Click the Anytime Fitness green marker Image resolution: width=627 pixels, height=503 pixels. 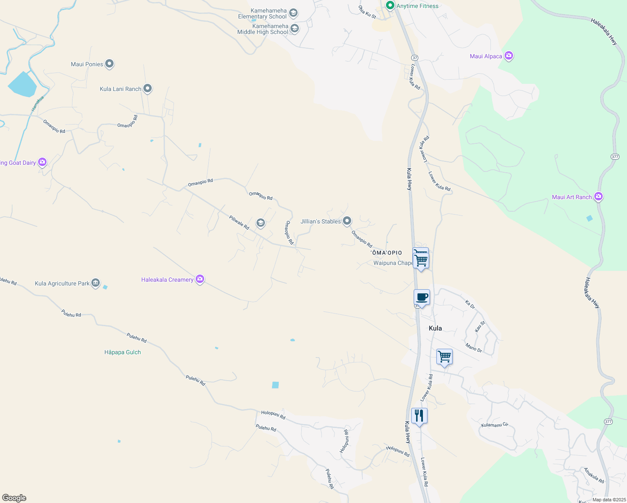coord(390,5)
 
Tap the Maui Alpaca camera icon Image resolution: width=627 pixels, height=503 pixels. coord(509,56)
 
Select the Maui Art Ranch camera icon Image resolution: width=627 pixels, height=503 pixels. coord(598,196)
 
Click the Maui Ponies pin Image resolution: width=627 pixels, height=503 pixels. coord(109,64)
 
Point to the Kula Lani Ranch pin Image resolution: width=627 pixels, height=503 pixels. coord(148,88)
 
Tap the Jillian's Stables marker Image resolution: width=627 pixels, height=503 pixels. coord(347,220)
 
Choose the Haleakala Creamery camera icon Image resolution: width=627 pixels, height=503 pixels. coord(200,279)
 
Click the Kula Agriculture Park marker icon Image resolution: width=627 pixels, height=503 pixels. coord(96,283)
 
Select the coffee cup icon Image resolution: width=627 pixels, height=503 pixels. coord(422,298)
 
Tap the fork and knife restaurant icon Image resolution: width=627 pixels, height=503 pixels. coord(419,416)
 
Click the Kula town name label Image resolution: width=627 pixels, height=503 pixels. coord(435,328)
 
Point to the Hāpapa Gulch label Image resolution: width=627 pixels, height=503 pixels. coord(122,352)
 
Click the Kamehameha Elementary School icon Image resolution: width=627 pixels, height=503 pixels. coord(293,13)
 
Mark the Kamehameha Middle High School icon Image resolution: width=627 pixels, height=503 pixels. coord(295,29)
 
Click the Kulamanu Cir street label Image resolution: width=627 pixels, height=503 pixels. coord(495,425)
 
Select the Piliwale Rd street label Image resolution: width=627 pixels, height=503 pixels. coord(239,223)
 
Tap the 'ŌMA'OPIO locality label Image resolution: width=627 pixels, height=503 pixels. coord(386,253)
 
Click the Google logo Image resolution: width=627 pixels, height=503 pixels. coord(14,498)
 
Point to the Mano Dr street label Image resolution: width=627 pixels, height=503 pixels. coord(474,347)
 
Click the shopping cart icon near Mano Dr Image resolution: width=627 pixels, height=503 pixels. coord(444,357)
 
